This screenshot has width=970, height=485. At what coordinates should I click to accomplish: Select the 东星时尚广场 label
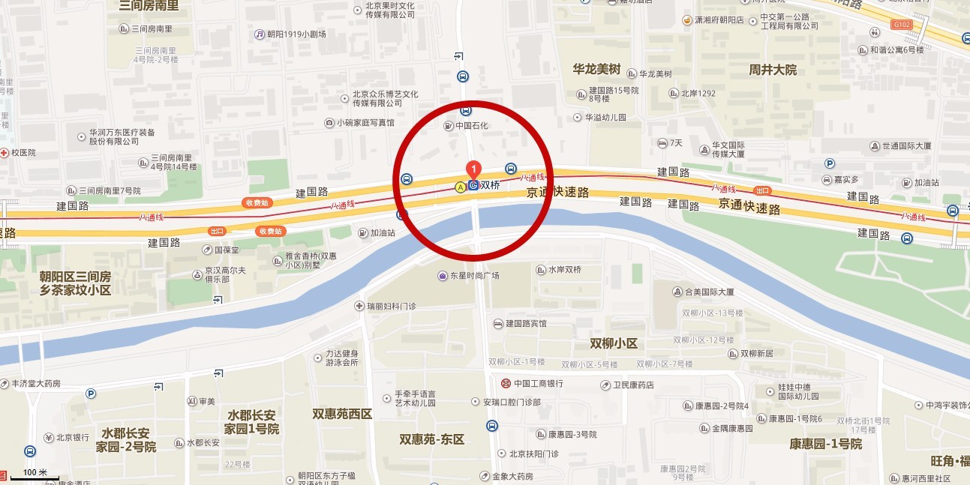coord(469,276)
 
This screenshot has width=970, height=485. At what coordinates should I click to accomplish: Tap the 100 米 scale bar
coord(35,475)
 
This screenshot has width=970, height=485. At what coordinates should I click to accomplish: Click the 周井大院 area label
coord(772,70)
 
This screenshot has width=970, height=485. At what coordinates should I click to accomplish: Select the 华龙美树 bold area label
coord(596,69)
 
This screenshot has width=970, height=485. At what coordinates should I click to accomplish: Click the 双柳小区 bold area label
coord(613,343)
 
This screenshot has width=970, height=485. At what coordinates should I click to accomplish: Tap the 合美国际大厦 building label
coord(703,292)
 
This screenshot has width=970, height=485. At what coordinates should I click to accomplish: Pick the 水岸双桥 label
coord(559,270)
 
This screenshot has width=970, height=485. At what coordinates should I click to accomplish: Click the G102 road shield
coord(901,25)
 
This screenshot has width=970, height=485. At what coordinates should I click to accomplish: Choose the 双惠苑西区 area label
coord(342,414)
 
